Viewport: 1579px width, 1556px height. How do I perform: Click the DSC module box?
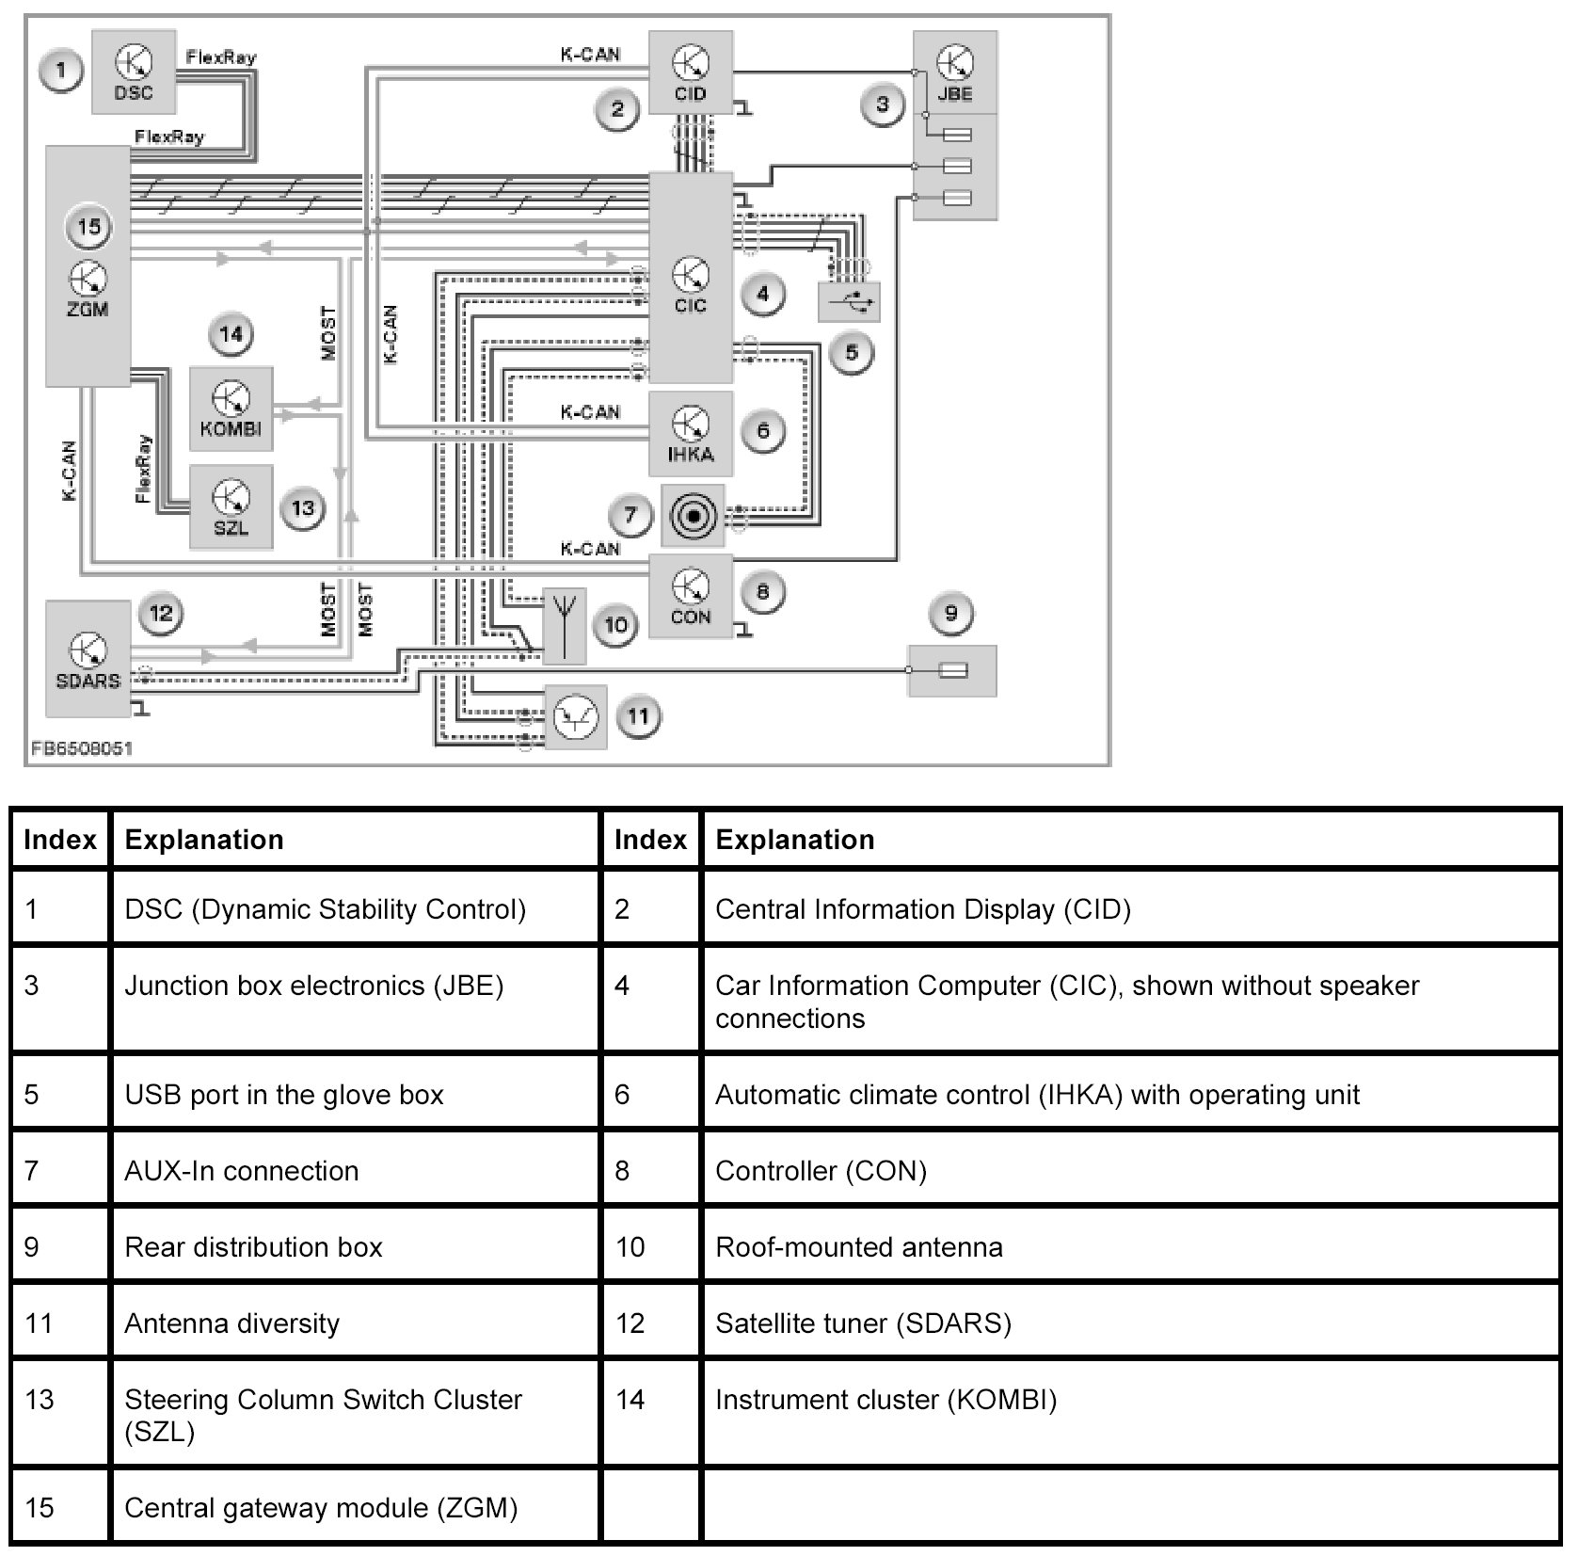coord(134,72)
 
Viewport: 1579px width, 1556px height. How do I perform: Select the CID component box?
coord(691,73)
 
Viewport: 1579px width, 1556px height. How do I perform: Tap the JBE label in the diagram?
coord(955,94)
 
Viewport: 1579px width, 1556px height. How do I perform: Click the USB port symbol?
coord(850,302)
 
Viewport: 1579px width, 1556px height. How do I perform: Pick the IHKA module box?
coord(691,434)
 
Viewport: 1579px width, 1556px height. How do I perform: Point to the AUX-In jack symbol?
coord(694,516)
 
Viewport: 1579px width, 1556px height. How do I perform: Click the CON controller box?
coord(691,596)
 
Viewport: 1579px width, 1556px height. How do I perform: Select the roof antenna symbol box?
coord(565,626)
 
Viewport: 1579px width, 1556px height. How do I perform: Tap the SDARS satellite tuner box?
coord(88,659)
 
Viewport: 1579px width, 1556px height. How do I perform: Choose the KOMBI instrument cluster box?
coord(231,409)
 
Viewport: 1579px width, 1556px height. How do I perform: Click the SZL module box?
coord(231,507)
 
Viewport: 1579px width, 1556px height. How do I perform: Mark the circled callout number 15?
coord(89,227)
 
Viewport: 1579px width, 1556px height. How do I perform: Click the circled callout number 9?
coord(950,614)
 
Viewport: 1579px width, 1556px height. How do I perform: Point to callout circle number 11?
coord(639,717)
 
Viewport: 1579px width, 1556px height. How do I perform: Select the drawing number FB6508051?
coord(82,748)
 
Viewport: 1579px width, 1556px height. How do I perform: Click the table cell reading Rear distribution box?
coord(354,1247)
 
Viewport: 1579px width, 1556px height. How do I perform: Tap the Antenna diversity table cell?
coord(354,1323)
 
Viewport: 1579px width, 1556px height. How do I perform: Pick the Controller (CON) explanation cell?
coord(1129,1171)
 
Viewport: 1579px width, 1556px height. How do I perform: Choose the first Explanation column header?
coord(354,840)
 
